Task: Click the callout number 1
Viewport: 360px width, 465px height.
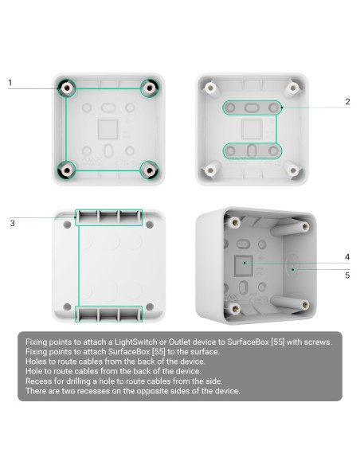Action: (10, 83)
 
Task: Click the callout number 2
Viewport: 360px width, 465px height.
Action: (347, 101)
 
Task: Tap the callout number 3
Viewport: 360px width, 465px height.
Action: (12, 223)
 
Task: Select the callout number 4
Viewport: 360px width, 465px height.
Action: (347, 257)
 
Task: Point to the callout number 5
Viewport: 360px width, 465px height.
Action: (347, 275)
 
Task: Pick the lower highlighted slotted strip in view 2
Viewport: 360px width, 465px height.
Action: (251, 150)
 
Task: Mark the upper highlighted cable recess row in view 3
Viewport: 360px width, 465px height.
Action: (108, 217)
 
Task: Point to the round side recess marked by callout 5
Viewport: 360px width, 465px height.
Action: (292, 268)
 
